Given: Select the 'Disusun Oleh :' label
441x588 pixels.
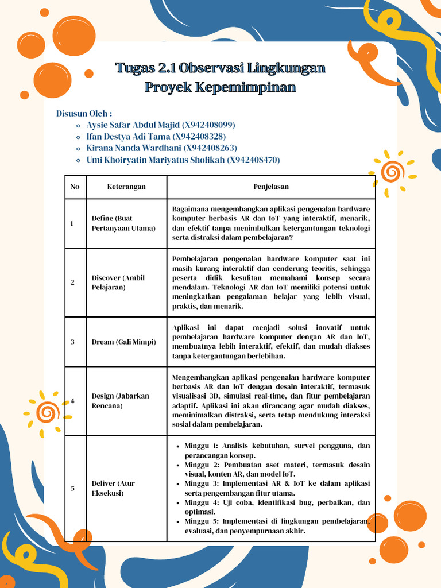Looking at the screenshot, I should pos(84,113).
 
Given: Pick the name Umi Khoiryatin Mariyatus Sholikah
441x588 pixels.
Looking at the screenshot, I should pos(156,160).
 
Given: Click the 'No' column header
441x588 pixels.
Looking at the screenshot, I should pos(75,187).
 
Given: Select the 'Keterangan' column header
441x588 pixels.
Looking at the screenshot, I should pos(126,187).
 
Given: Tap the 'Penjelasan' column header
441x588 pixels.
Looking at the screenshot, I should pos(271,187).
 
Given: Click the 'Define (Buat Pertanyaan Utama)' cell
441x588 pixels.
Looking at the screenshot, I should pos(123,223).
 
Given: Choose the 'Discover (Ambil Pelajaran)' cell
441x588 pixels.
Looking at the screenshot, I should pos(118,283).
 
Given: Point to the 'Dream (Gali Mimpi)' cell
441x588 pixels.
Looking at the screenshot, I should pos(123,342).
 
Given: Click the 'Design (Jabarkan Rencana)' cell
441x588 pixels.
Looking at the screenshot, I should pos(120,401).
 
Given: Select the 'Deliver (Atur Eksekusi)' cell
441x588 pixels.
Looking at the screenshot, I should pos(113,488).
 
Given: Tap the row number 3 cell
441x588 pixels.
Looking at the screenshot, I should pos(72,342).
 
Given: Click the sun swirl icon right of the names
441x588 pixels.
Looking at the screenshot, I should pos(393,171).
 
